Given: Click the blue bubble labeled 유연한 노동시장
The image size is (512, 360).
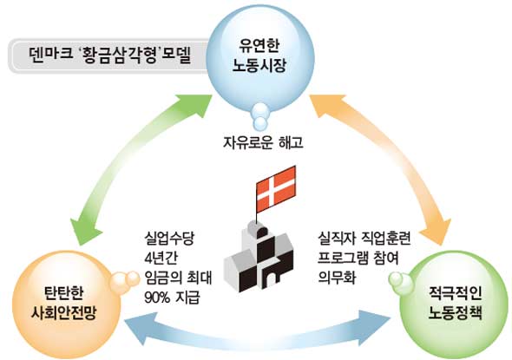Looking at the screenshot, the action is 259,56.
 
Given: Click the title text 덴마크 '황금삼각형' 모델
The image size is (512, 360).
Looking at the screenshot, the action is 109,56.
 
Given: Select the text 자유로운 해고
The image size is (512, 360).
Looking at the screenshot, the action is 263,142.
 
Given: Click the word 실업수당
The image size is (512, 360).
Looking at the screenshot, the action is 169,239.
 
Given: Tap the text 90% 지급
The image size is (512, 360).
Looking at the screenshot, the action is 172,298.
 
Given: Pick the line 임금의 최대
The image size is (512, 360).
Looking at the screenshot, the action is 178,278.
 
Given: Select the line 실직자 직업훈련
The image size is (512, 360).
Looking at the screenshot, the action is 364,239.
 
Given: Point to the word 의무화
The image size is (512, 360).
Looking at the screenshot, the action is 337,278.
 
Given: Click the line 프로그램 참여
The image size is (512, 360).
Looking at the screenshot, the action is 358,258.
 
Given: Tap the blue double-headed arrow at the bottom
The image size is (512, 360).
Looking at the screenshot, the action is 258,337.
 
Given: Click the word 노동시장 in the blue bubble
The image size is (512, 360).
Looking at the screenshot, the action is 259,66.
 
